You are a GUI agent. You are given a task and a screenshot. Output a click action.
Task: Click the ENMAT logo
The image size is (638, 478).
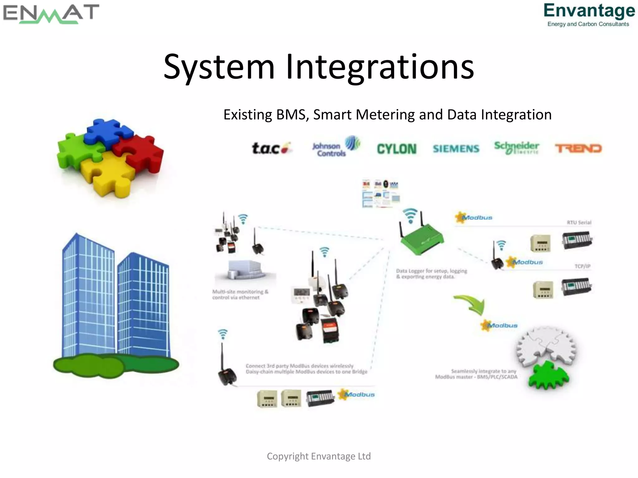51,14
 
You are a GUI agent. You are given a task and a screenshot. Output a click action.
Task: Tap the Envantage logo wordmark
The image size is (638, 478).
589,11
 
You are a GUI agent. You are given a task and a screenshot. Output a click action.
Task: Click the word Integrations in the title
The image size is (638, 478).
380,67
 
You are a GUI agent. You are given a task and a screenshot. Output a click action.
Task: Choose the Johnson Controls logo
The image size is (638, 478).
336,147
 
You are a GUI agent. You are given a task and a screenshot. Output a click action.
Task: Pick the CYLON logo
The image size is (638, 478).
397,149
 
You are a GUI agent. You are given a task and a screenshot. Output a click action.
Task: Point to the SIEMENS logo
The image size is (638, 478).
456,149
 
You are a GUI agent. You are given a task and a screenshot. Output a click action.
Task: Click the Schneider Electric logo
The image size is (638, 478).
517,148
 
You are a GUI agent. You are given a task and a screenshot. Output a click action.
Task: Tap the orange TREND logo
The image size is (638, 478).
578,148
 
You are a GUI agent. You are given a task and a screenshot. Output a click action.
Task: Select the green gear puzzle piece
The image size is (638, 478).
549,376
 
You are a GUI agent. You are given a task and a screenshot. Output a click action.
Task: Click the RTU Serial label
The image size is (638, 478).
579,223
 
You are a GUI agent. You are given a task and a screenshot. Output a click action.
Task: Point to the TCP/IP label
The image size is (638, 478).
582,266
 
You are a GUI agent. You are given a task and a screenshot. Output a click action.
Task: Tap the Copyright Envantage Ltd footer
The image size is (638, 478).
319,456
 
